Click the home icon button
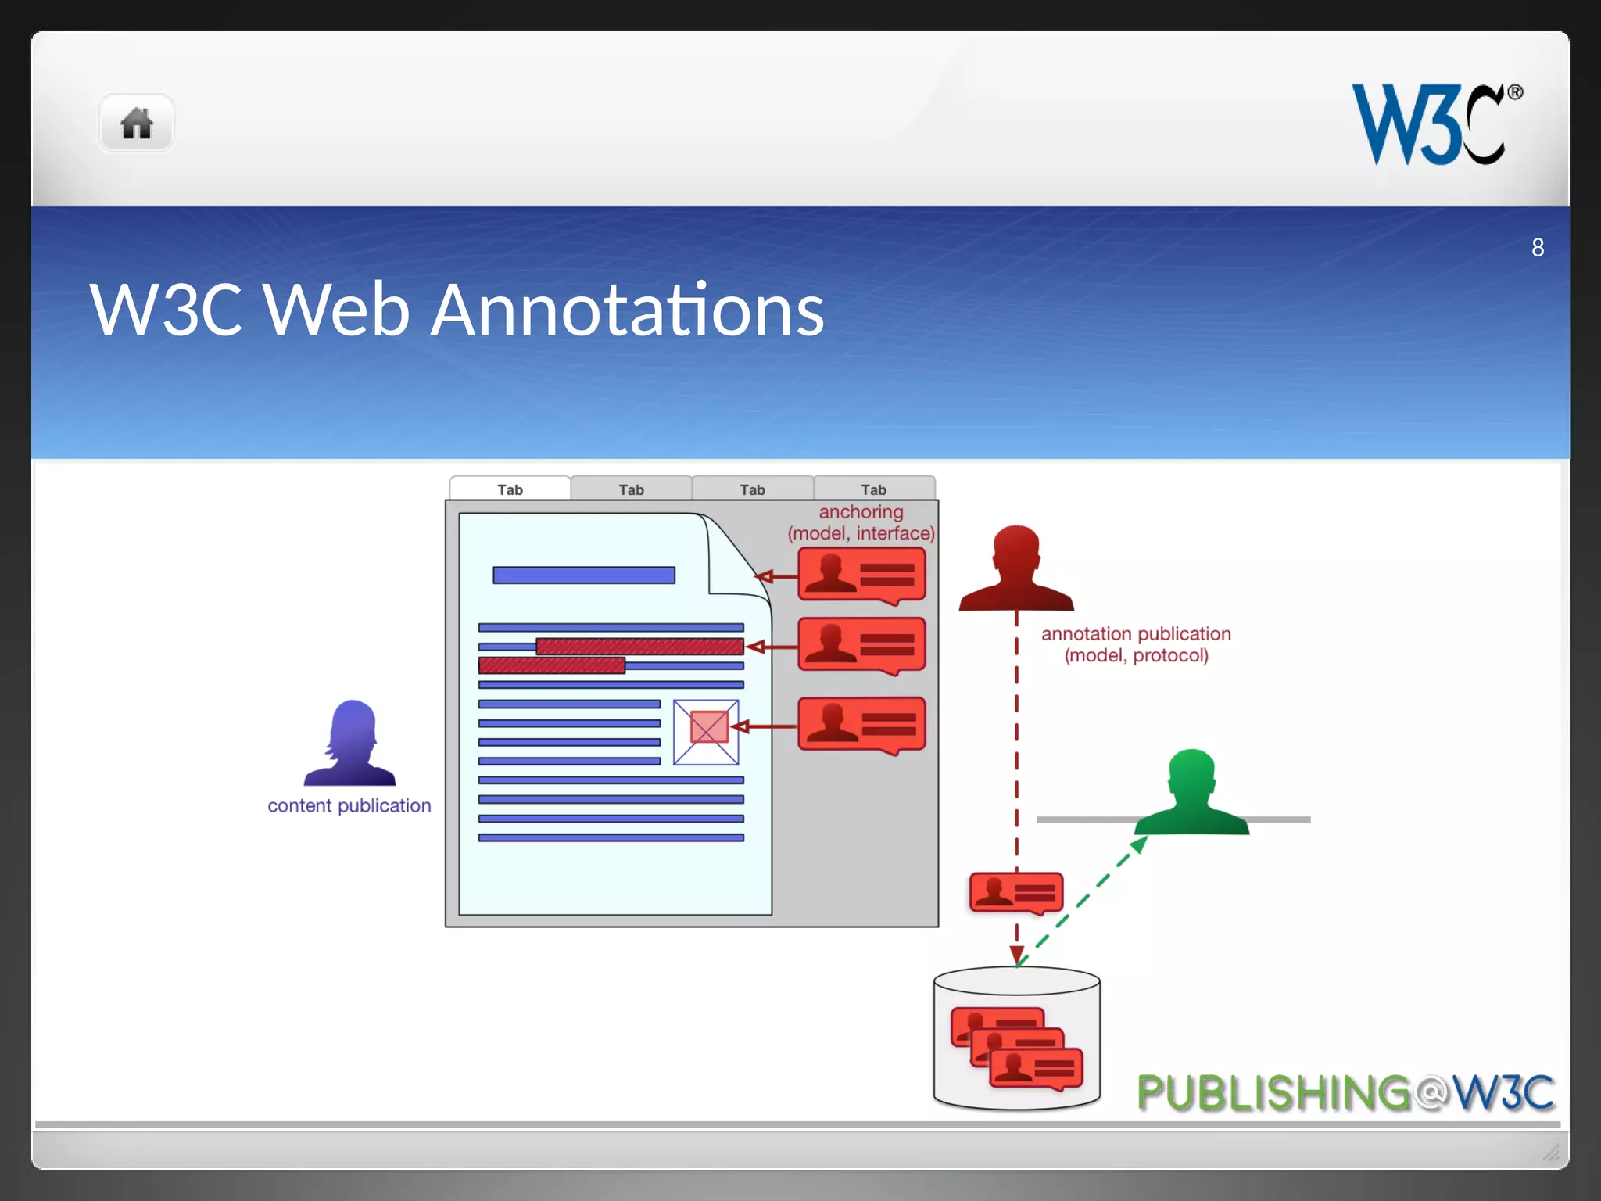tap(136, 124)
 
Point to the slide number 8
tap(1537, 248)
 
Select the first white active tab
tap(510, 489)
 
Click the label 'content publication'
tap(349, 805)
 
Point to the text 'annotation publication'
tap(1135, 633)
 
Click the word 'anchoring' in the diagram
tap(861, 511)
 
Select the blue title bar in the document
tap(583, 575)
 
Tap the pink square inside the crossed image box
tap(709, 727)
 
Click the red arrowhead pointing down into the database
tap(1016, 955)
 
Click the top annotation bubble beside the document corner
tap(861, 575)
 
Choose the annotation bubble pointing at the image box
tap(861, 725)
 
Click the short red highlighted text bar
tap(551, 665)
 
